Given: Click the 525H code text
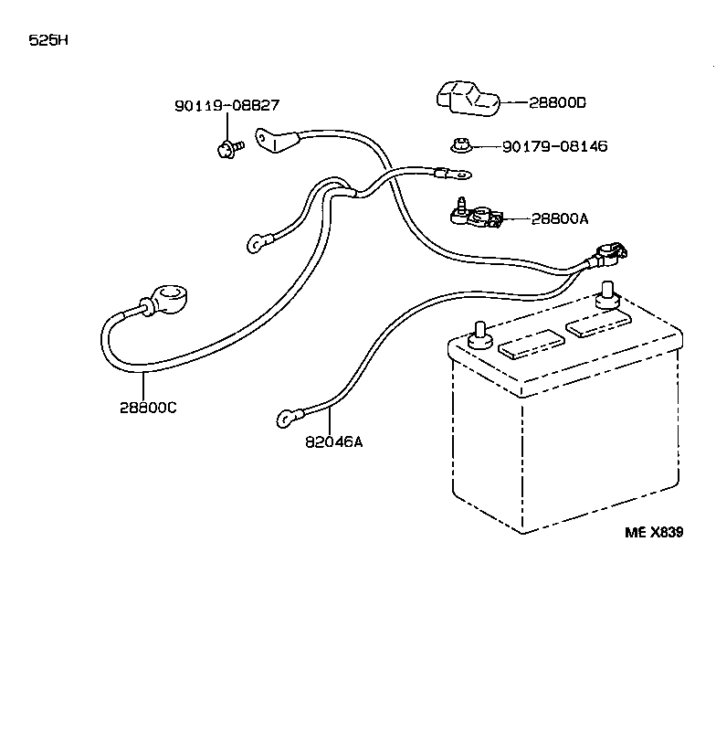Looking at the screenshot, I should point(48,41).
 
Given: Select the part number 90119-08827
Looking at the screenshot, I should point(226,106).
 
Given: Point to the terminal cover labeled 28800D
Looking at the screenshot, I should point(466,100).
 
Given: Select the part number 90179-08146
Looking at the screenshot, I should point(554,146).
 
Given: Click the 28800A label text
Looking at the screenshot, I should point(560,218).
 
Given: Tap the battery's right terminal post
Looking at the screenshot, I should point(605,299).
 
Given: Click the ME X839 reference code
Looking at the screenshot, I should point(653,534).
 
